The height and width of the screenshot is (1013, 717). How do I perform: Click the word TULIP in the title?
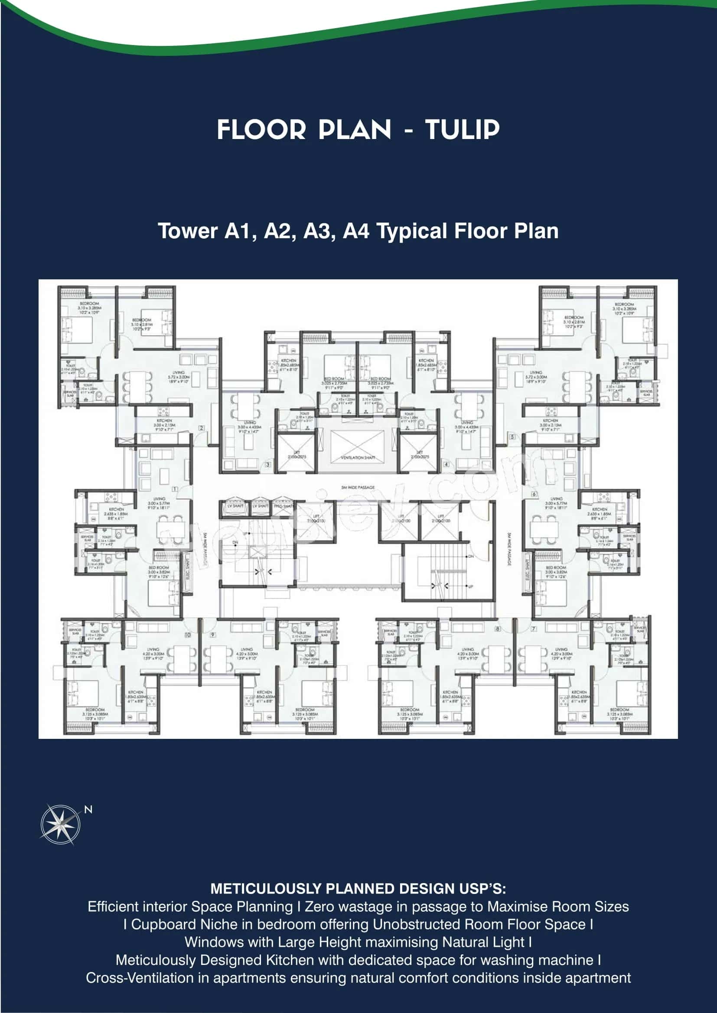pos(462,130)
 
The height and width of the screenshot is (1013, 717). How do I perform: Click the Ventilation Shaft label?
pos(358,458)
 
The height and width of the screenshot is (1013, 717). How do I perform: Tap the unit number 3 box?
pos(268,465)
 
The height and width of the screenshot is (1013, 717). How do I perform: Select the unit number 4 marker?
pos(446,465)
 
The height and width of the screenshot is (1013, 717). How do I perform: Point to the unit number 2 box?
pos(201,428)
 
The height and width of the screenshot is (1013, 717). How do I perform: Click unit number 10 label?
pos(188,635)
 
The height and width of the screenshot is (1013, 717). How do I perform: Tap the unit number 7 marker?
pos(534,629)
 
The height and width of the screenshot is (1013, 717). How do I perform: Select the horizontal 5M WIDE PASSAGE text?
pos(358,488)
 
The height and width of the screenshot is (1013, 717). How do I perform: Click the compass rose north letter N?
pos(88,809)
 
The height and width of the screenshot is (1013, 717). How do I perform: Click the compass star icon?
pos(61,824)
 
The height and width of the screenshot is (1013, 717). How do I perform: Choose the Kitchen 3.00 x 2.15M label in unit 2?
pos(164,424)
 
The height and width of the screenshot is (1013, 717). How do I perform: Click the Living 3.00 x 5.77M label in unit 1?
pos(159,503)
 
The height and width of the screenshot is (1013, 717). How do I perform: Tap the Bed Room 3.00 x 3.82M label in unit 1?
pos(159,571)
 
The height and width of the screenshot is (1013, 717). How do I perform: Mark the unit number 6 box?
pos(534,494)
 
